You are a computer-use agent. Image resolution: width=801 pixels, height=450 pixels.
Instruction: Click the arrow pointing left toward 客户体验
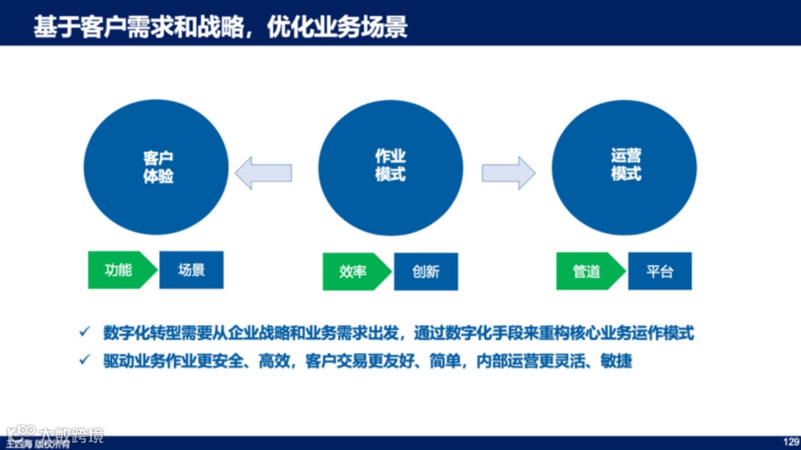tap(263, 173)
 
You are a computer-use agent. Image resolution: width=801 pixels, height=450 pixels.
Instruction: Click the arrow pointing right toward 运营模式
tap(508, 173)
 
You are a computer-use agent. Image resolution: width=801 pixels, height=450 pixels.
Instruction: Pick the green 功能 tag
tap(119, 270)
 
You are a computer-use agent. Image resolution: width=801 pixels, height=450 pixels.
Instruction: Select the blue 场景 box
tap(191, 270)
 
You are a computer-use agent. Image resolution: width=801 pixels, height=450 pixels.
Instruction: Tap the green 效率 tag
tap(354, 271)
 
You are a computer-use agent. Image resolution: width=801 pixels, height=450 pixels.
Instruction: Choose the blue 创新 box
tap(426, 271)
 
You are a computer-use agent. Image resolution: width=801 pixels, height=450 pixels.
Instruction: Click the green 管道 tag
tap(587, 271)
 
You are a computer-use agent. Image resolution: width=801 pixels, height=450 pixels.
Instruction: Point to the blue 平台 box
tap(659, 271)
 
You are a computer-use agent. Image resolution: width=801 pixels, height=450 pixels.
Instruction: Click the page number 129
tap(790, 440)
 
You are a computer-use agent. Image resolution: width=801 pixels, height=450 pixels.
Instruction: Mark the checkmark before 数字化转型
tap(85, 331)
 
